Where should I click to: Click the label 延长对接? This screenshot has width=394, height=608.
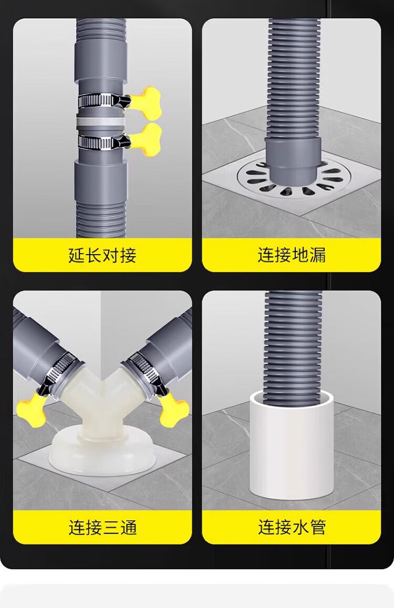pos(102,255)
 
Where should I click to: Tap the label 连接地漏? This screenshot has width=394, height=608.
pos(292,255)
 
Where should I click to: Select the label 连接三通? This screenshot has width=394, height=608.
pos(102,527)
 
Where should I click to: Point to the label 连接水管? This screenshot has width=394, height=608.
pos(292,527)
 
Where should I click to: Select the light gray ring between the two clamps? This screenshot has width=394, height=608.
pos(100,122)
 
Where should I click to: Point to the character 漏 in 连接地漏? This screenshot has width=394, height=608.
pos(318,255)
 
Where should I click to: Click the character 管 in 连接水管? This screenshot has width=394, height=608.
pos(318,527)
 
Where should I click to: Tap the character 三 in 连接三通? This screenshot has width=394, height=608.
pos(111,527)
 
